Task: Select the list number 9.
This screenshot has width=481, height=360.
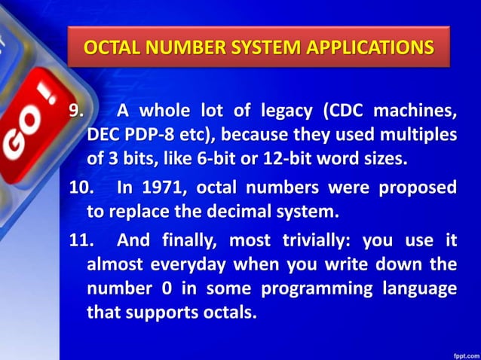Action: [x=77, y=111]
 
